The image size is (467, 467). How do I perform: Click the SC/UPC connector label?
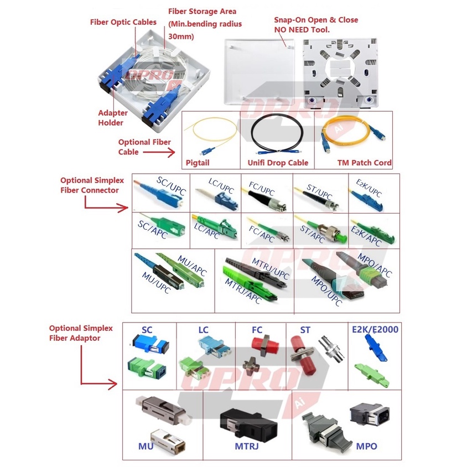coord(172,185)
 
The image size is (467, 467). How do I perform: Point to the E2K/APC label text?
coord(366,236)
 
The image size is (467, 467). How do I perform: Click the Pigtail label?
coord(198,163)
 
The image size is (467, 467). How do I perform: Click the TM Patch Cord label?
coord(364,163)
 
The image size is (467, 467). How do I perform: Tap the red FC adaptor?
coord(264,345)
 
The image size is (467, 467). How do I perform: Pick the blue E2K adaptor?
coord(376,347)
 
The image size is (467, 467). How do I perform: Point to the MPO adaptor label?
coord(366,446)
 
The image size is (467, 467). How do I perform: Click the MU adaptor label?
coord(146,446)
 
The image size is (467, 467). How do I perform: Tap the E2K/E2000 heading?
coord(375,329)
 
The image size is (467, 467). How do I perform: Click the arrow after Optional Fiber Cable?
coord(159,153)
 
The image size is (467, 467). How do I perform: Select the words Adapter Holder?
coord(112,118)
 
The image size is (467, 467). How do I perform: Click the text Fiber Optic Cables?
coord(123,22)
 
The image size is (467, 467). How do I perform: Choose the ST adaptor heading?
coord(305,330)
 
